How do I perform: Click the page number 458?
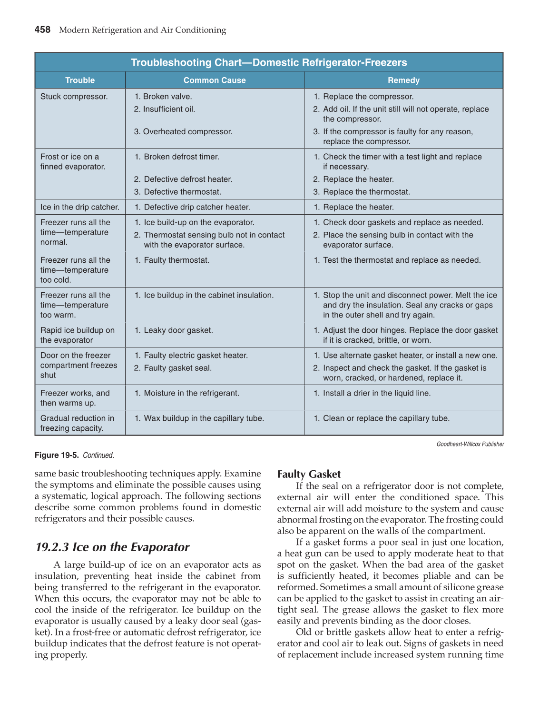click(42, 30)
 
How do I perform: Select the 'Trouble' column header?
click(80, 80)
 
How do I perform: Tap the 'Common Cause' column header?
click(215, 80)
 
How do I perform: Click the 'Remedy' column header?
click(403, 80)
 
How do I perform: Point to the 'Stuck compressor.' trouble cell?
click(74, 97)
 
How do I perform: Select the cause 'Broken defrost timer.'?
click(181, 157)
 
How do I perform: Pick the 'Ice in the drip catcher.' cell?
click(80, 207)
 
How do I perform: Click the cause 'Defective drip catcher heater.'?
click(196, 207)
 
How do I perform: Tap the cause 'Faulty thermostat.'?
click(176, 260)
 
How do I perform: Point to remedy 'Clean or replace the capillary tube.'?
click(386, 418)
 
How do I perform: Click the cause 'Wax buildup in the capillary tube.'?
click(204, 418)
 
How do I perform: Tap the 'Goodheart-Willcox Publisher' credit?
click(470, 444)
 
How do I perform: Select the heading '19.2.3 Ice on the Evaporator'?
click(113, 547)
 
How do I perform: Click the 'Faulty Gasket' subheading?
click(309, 474)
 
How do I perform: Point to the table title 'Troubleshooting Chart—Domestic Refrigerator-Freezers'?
click(269, 63)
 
